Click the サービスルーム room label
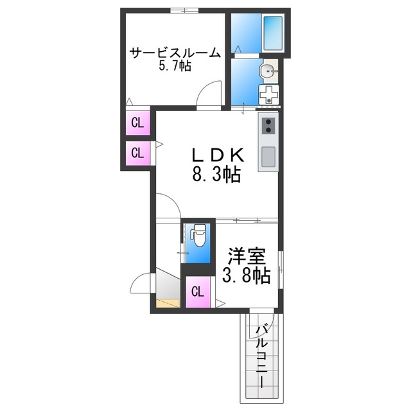pyautogui.click(x=175, y=53)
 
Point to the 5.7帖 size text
pyautogui.click(x=175, y=67)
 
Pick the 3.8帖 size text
pyautogui.click(x=246, y=276)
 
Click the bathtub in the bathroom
pyautogui.click(x=274, y=32)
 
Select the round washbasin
pyautogui.click(x=267, y=70)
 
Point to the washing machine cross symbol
pyautogui.click(x=268, y=95)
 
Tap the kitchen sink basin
pyautogui.click(x=268, y=156)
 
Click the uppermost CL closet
pyautogui.click(x=137, y=123)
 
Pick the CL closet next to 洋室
pyautogui.click(x=198, y=292)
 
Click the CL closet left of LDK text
pyautogui.click(x=137, y=153)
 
